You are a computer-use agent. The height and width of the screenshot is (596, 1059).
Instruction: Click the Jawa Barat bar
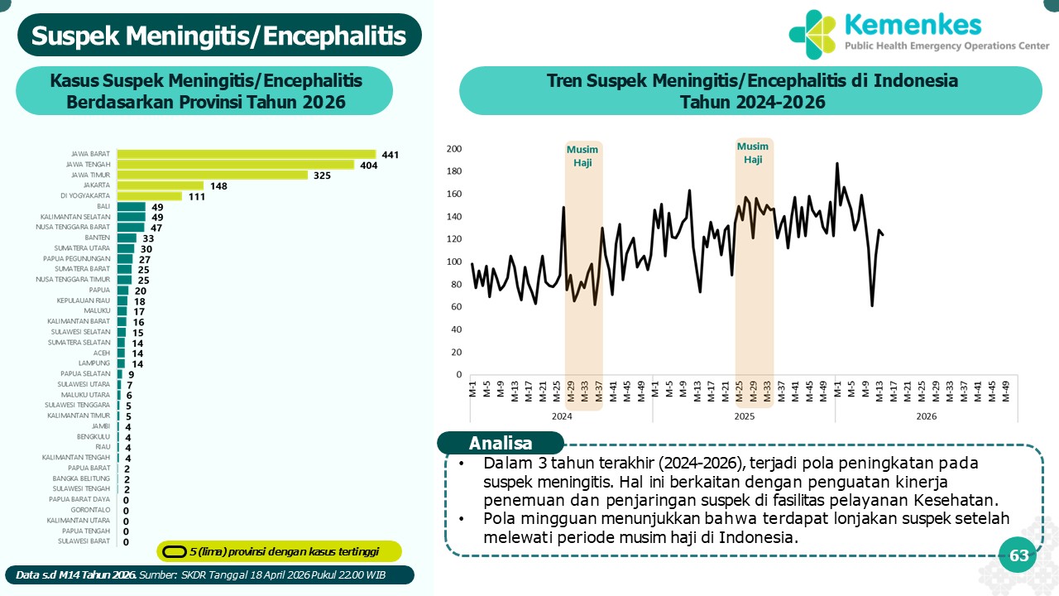tap(247, 154)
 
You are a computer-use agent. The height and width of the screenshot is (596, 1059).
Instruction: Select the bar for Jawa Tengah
tap(236, 165)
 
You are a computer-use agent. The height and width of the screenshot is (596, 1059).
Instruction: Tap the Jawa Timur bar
tap(213, 175)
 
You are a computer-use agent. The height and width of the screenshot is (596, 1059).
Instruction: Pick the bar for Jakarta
tap(161, 185)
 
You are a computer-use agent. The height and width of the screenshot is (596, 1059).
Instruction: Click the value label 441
tap(391, 155)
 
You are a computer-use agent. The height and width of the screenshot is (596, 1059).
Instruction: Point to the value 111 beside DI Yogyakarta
tap(196, 196)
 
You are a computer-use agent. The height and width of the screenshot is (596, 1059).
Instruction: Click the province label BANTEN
tap(98, 238)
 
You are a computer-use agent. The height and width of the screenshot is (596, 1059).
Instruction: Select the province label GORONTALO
tap(92, 510)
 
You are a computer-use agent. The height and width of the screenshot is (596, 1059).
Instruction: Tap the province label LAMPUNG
tap(94, 363)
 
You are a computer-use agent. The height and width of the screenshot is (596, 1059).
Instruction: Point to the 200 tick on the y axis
tap(453, 149)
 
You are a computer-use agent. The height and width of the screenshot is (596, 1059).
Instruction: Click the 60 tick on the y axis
tap(455, 307)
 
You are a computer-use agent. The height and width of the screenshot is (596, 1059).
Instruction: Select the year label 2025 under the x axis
tap(744, 416)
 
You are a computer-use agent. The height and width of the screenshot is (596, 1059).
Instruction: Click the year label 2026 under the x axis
tap(927, 416)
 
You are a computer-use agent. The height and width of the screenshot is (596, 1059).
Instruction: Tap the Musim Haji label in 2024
tap(582, 156)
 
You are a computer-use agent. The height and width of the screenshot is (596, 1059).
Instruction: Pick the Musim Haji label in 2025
tap(753, 153)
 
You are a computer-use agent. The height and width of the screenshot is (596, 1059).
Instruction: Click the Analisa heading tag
tap(500, 443)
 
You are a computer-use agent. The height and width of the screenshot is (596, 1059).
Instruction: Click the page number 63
tap(1018, 556)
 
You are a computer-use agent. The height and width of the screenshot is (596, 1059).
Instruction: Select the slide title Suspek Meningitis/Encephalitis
tap(219, 36)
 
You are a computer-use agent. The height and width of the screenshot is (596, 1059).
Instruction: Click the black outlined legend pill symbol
tap(174, 551)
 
